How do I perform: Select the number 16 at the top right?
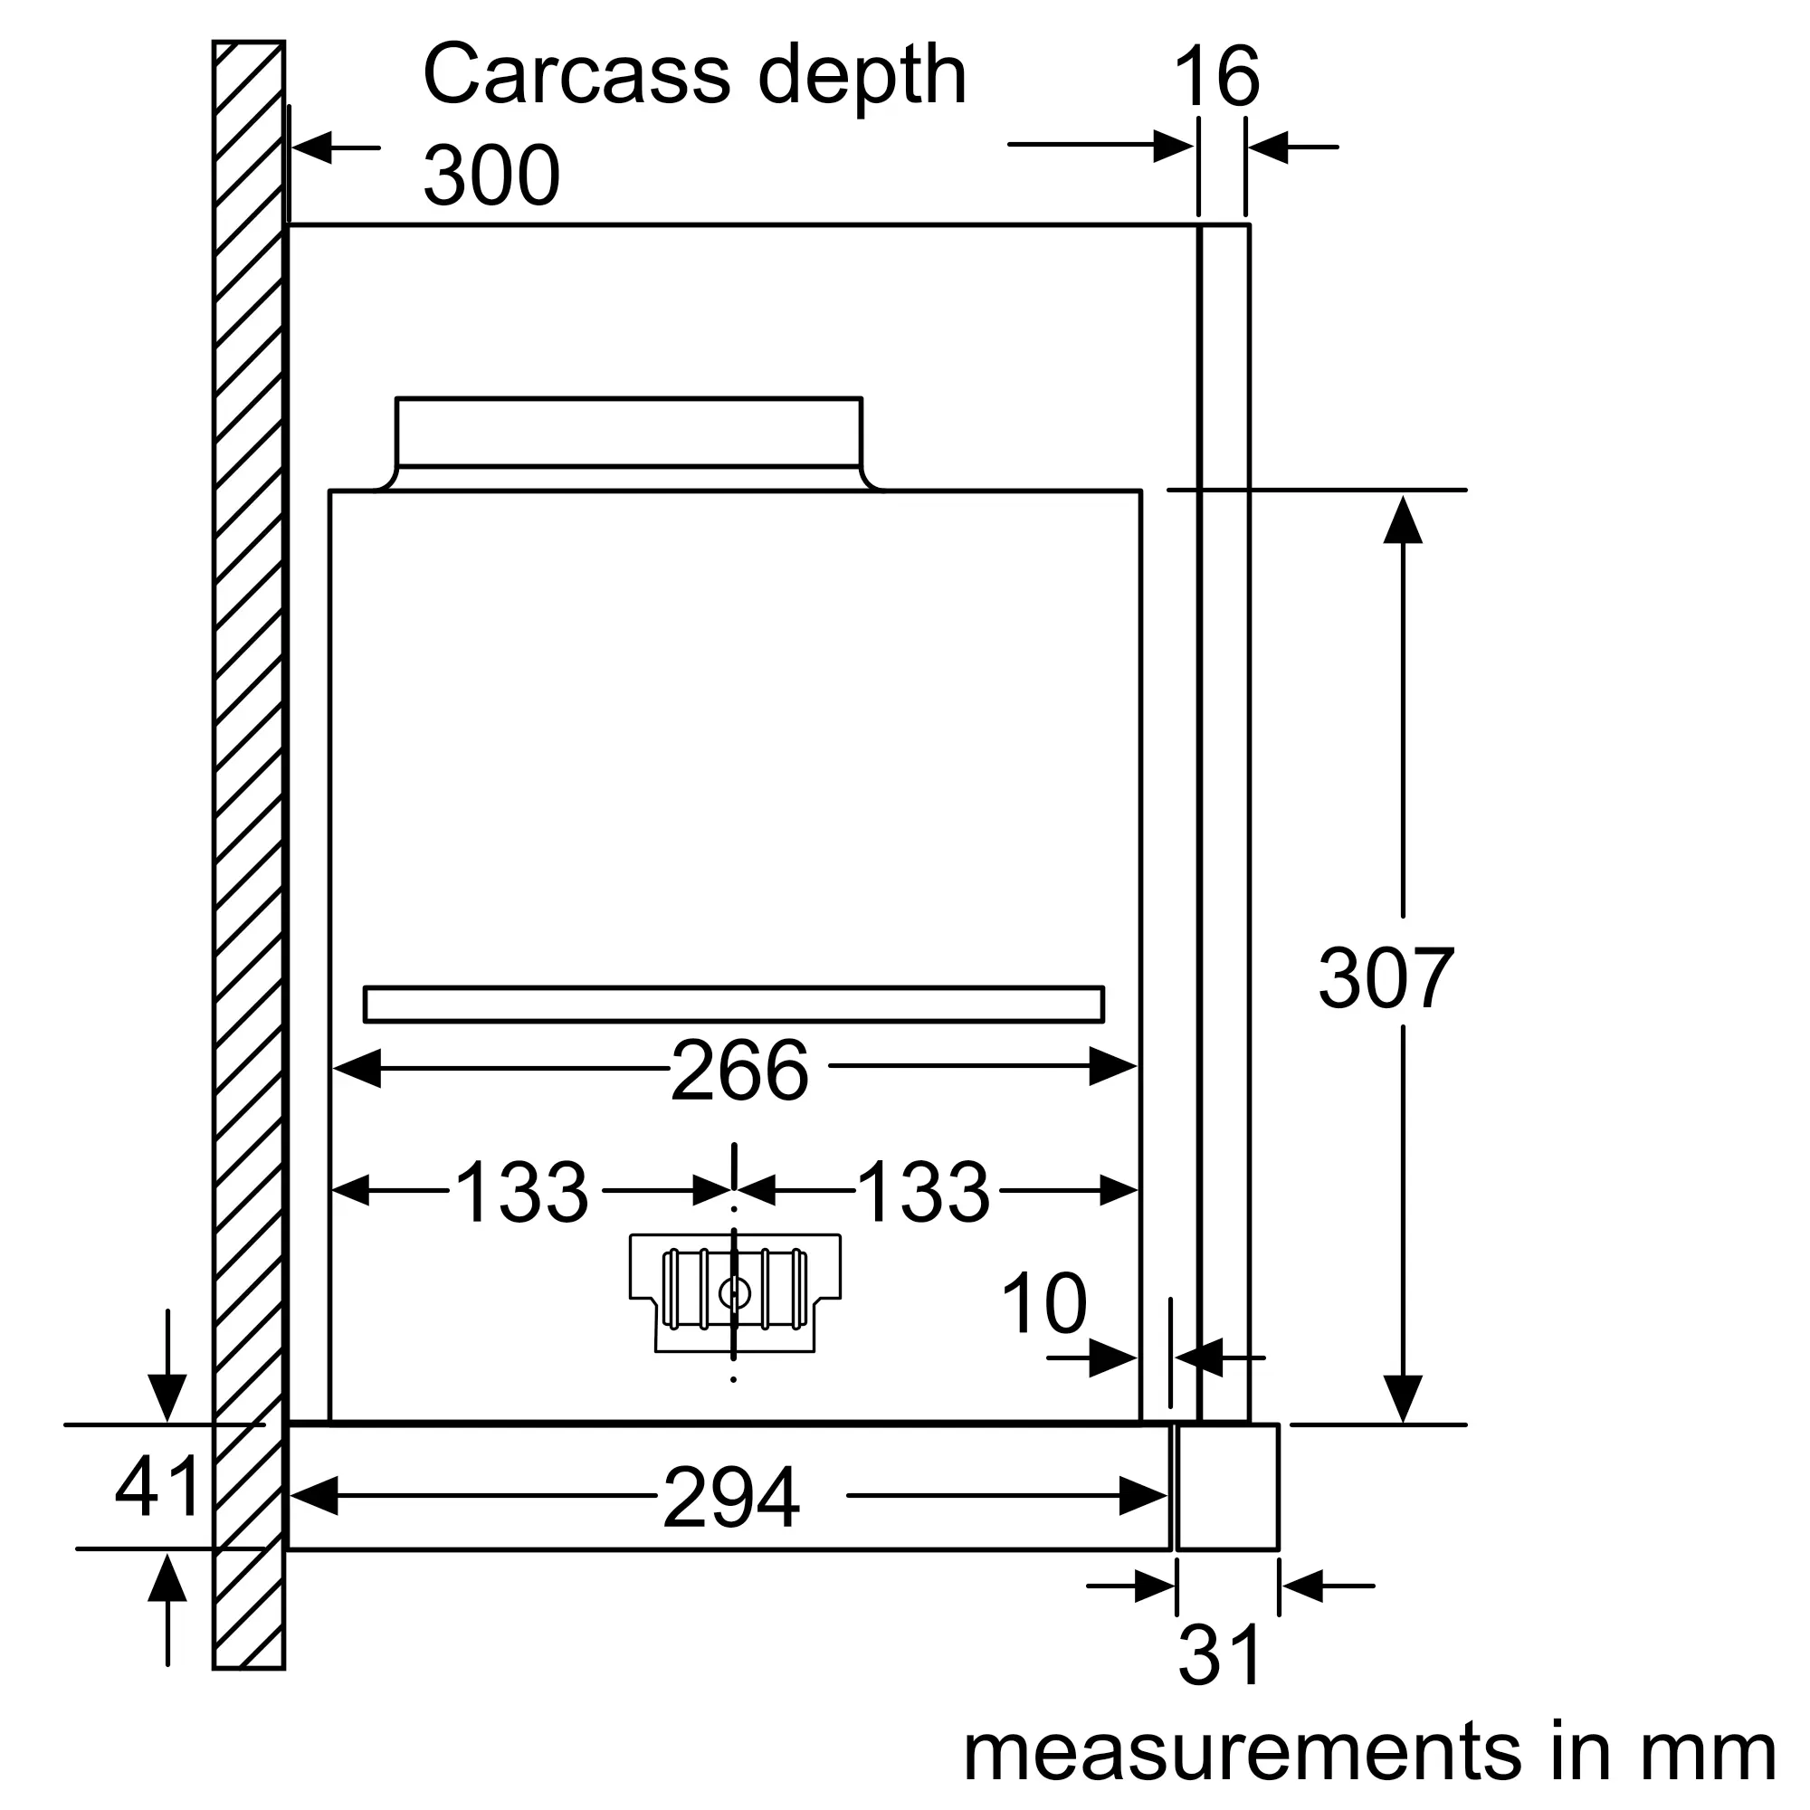[x=1216, y=77]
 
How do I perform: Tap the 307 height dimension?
[x=1386, y=978]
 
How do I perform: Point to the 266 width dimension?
[x=739, y=1070]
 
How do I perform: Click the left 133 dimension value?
[x=522, y=1192]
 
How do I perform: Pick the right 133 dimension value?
[x=923, y=1192]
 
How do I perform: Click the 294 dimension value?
[x=730, y=1498]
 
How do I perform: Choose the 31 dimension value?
[x=1220, y=1656]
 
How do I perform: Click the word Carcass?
[x=576, y=75]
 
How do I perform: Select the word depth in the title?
[x=862, y=77]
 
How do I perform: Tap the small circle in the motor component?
[x=734, y=1295]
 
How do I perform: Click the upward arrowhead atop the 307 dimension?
[x=1403, y=521]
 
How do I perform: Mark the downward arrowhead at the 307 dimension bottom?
[x=1403, y=1399]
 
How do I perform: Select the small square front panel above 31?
[x=1227, y=1487]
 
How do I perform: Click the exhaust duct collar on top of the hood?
[x=629, y=432]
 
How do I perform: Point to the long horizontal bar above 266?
[x=734, y=1005]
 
